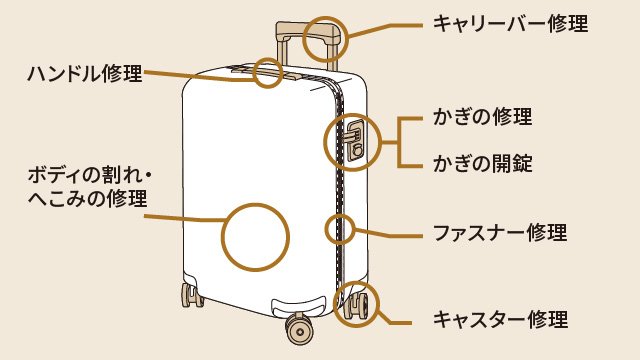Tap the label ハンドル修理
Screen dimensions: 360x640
point(86,73)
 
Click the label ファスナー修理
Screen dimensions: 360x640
point(499,233)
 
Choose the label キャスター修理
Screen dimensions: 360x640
point(499,320)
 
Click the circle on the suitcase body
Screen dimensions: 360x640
point(254,237)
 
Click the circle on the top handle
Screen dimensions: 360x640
point(269,73)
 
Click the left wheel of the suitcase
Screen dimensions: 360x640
point(188,297)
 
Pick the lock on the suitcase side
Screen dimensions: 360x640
point(356,139)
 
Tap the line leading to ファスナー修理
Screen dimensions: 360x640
point(390,231)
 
